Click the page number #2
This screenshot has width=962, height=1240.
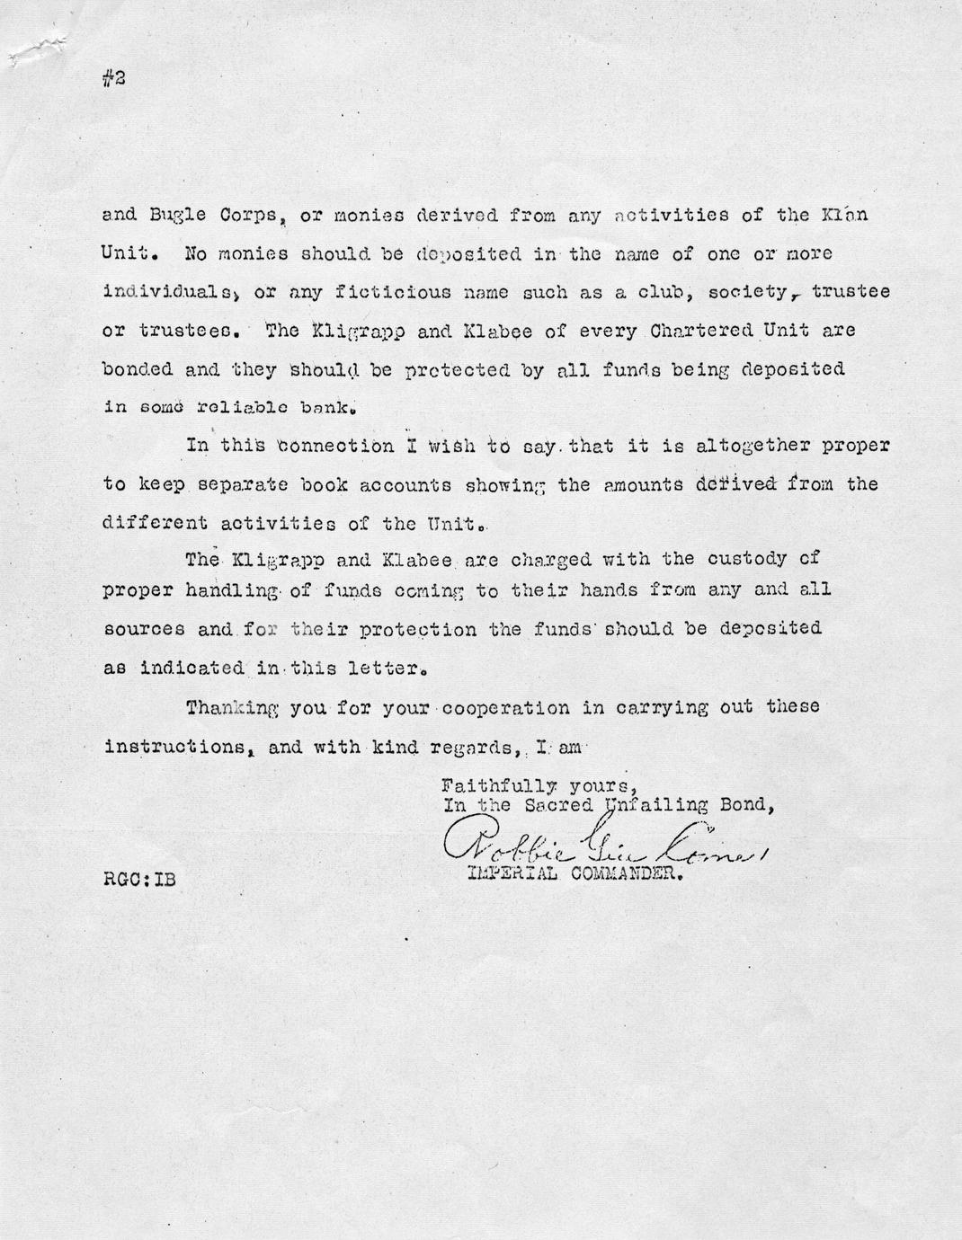tap(114, 78)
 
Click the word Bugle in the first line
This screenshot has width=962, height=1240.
tap(166, 216)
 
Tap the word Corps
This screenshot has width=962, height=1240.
tap(231, 216)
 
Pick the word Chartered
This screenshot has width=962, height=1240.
tap(696, 331)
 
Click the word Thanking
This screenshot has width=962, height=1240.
tap(229, 707)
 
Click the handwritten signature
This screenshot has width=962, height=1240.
tap(602, 841)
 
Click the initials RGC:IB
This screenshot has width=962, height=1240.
tap(139, 880)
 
